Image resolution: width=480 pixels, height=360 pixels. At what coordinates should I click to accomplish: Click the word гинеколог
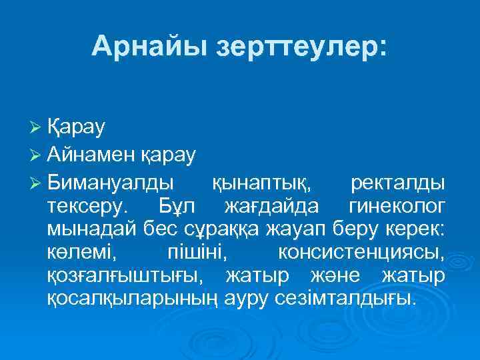coord(397,205)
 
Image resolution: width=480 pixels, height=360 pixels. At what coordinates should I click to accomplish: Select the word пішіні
coord(196,252)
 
